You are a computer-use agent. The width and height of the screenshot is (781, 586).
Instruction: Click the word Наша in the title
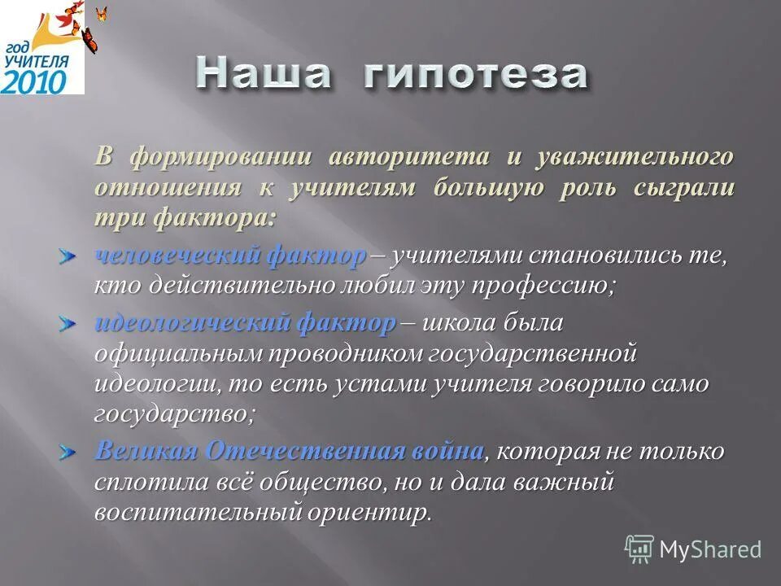click(264, 74)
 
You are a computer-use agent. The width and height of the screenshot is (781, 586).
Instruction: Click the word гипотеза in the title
click(474, 75)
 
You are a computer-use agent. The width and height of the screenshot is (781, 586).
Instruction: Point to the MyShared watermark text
click(710, 549)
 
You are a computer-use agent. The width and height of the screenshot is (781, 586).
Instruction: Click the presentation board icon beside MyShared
click(639, 549)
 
